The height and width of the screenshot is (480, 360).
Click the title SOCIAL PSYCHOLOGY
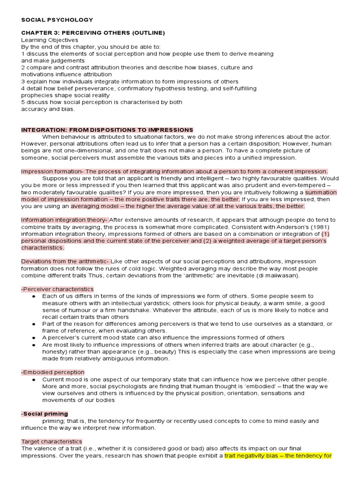pos(57,20)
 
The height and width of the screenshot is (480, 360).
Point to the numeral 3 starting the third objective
pos(23,81)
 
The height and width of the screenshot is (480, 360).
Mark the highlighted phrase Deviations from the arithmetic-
pos(65,261)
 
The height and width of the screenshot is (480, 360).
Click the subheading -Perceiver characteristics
pos(57,289)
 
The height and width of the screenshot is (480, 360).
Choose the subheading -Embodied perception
pos(53,372)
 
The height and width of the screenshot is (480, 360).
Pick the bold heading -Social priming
pos(45,414)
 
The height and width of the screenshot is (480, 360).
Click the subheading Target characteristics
pos(52,442)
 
